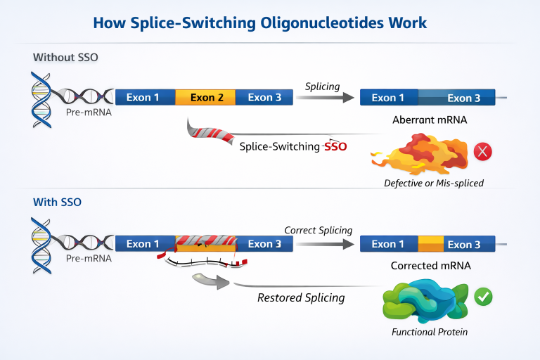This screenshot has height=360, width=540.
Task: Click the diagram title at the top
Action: [x=269, y=22]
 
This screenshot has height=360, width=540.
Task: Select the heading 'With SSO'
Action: [x=58, y=202]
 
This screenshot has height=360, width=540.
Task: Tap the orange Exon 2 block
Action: [x=206, y=97]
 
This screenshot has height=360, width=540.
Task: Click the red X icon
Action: [x=482, y=152]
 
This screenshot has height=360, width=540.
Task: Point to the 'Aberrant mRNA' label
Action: [x=430, y=120]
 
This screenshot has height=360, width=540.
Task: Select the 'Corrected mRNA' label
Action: [x=430, y=266]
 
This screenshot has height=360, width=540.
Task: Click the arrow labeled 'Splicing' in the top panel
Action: [x=324, y=98]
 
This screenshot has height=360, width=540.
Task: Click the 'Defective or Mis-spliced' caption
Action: [x=429, y=183]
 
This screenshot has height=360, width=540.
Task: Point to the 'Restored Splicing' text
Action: [x=301, y=297]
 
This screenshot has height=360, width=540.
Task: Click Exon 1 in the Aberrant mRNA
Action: [x=388, y=98]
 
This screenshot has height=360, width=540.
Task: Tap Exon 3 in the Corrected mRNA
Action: [x=464, y=245]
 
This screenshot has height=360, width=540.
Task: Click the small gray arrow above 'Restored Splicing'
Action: [x=210, y=283]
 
